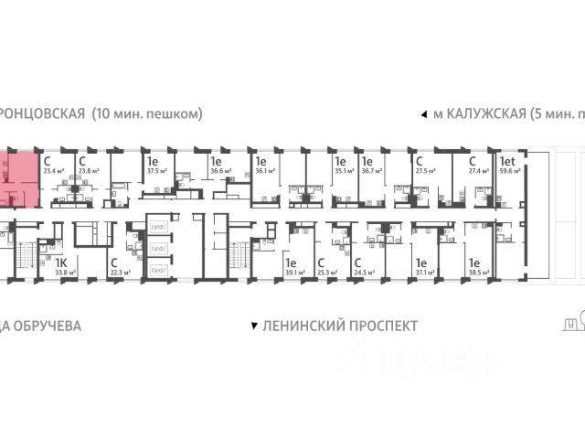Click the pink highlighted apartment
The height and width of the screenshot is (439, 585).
pyautogui.click(x=19, y=178)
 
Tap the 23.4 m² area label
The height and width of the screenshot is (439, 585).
pyautogui.click(x=51, y=169)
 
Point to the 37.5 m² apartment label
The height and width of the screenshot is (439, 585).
pyautogui.click(x=156, y=169)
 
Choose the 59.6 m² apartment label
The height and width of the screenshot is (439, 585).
pyautogui.click(x=508, y=169)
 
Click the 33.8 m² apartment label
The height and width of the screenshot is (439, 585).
pyautogui.click(x=63, y=272)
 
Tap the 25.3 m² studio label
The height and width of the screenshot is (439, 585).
pyautogui.click(x=327, y=272)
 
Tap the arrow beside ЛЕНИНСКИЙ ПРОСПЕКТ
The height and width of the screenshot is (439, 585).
pyautogui.click(x=253, y=326)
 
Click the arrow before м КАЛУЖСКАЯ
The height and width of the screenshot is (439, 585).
pyautogui.click(x=422, y=115)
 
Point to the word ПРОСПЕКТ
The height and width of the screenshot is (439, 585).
pyautogui.click(x=378, y=326)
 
